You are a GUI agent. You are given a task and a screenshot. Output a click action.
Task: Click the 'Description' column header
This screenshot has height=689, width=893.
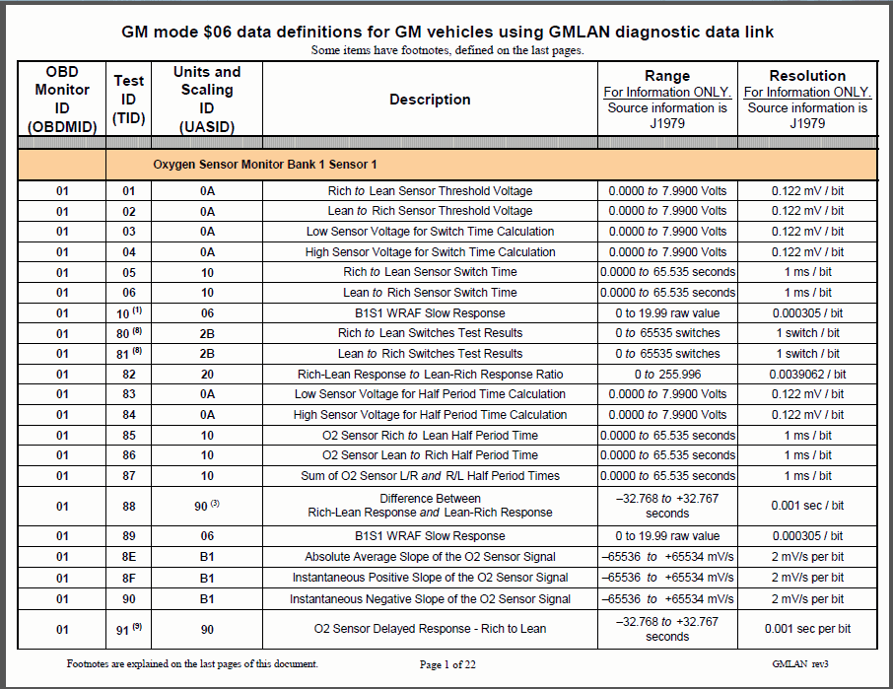click(430, 100)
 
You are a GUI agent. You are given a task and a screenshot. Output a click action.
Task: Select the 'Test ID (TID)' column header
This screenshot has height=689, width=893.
click(128, 100)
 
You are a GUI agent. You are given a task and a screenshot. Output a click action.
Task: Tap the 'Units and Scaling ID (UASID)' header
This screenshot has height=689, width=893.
click(207, 100)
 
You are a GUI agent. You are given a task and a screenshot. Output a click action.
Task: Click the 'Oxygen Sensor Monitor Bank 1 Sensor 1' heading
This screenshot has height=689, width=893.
click(265, 164)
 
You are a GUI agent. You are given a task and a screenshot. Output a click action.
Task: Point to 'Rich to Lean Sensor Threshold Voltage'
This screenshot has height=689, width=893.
click(430, 190)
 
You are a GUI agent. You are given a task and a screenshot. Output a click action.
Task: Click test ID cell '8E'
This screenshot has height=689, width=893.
click(128, 557)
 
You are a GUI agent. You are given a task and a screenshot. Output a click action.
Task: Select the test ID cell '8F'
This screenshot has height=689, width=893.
click(128, 578)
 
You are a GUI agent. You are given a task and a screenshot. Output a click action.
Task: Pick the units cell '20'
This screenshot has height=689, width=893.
click(207, 375)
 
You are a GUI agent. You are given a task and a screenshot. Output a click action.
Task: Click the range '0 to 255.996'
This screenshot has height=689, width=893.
click(667, 375)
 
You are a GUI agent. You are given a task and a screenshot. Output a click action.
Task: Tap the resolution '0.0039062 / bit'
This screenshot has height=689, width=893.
click(807, 375)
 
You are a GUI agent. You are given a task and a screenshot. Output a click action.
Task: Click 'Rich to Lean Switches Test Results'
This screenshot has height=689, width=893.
click(430, 333)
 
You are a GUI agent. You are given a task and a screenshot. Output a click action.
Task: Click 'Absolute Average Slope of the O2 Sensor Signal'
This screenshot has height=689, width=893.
click(430, 557)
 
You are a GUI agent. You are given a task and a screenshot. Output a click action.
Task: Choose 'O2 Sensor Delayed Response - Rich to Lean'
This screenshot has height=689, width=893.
click(430, 629)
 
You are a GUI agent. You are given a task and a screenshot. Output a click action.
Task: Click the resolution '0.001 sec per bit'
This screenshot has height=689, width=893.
click(807, 629)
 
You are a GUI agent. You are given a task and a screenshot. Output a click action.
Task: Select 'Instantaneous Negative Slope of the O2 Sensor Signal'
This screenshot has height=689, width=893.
click(430, 598)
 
